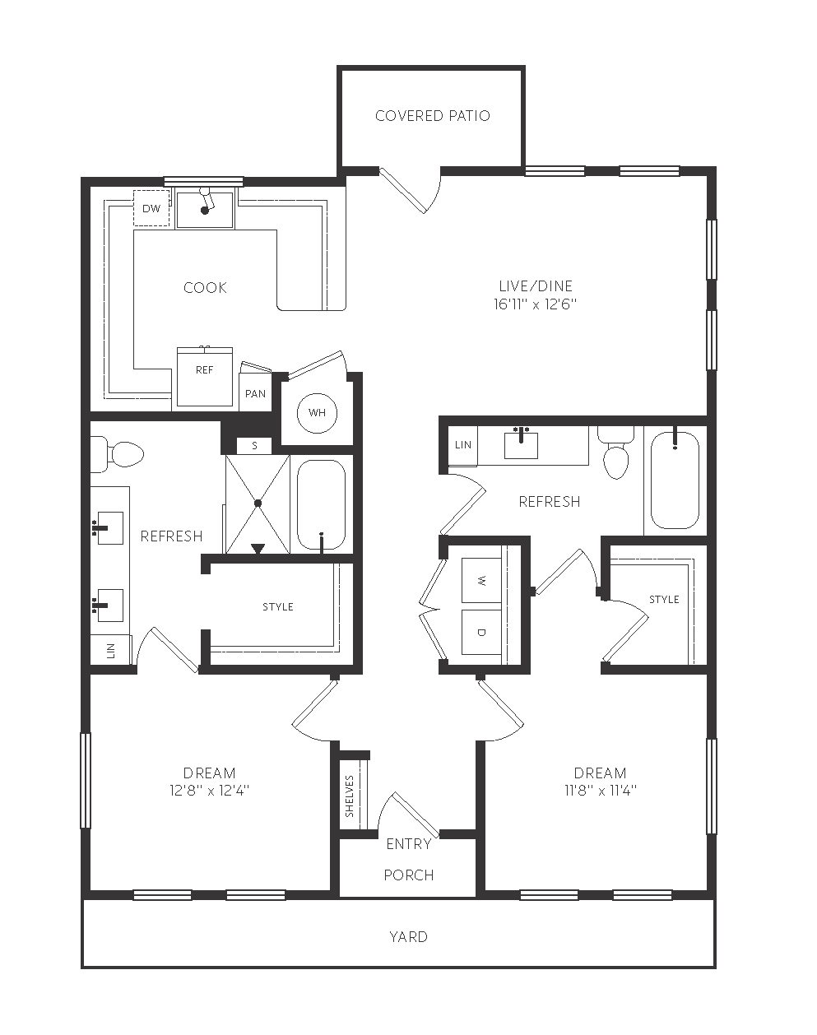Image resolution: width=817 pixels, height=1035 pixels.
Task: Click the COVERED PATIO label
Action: [432, 116]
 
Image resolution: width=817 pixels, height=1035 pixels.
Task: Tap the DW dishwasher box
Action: [151, 208]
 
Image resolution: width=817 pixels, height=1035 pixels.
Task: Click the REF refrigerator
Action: [205, 377]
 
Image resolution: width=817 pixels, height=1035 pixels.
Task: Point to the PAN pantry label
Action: [256, 394]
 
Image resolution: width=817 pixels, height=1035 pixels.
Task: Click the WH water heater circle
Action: [317, 413]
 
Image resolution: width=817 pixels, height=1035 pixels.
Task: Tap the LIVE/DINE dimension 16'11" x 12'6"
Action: [535, 304]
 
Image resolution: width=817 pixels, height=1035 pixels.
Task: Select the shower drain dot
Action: [258, 503]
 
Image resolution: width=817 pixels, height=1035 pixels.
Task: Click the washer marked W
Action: [481, 581]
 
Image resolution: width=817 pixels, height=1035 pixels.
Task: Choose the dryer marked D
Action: [481, 632]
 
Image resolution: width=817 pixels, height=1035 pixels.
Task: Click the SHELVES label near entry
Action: [350, 796]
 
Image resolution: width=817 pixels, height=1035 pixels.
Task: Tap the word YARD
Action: [408, 937]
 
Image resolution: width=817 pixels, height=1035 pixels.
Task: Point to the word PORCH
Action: [408, 875]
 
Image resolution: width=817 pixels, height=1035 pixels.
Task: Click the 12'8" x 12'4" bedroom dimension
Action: [209, 790]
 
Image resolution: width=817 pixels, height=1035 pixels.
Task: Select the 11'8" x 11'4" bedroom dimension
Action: [601, 790]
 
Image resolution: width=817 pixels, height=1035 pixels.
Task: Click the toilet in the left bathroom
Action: [117, 454]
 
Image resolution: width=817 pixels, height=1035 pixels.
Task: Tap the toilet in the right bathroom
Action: [616, 453]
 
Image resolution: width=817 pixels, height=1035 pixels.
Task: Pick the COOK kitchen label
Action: [205, 288]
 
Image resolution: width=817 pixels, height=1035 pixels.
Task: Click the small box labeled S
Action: [254, 446]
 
